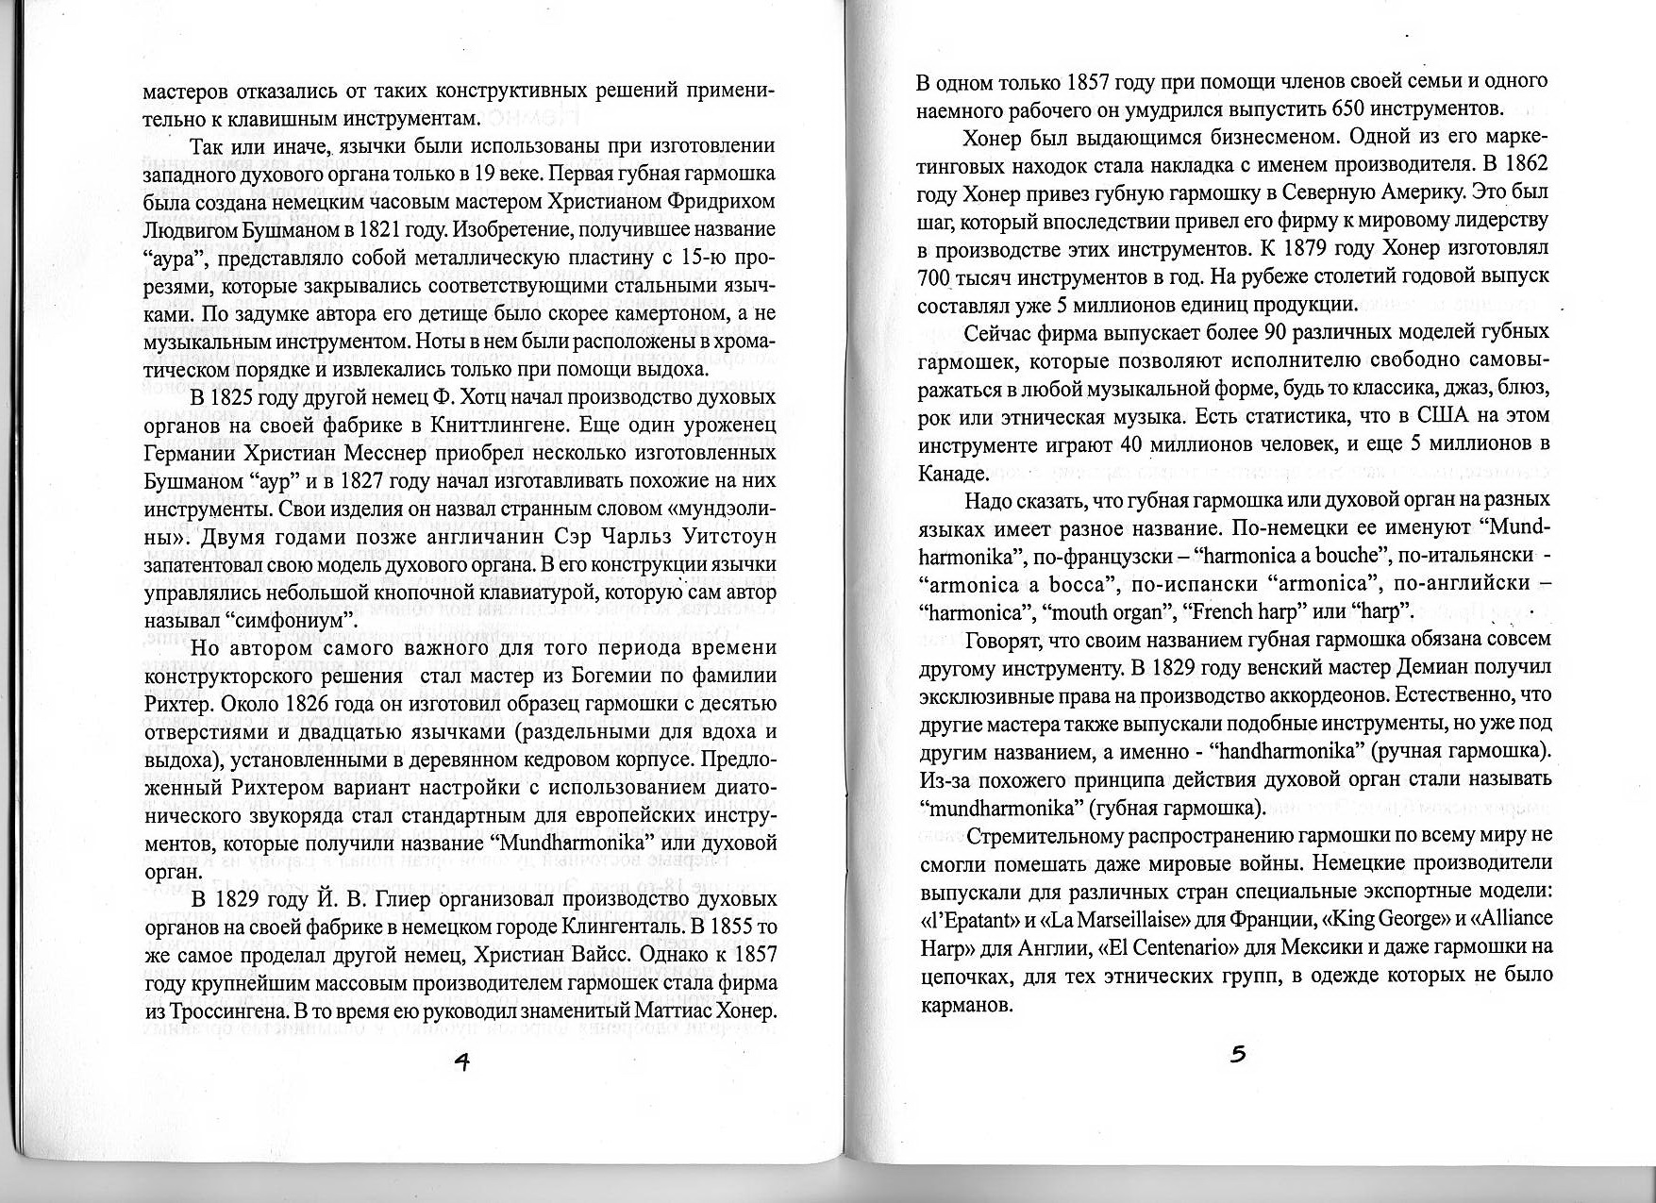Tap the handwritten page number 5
coord(1238,1054)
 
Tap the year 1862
coord(1521,163)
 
